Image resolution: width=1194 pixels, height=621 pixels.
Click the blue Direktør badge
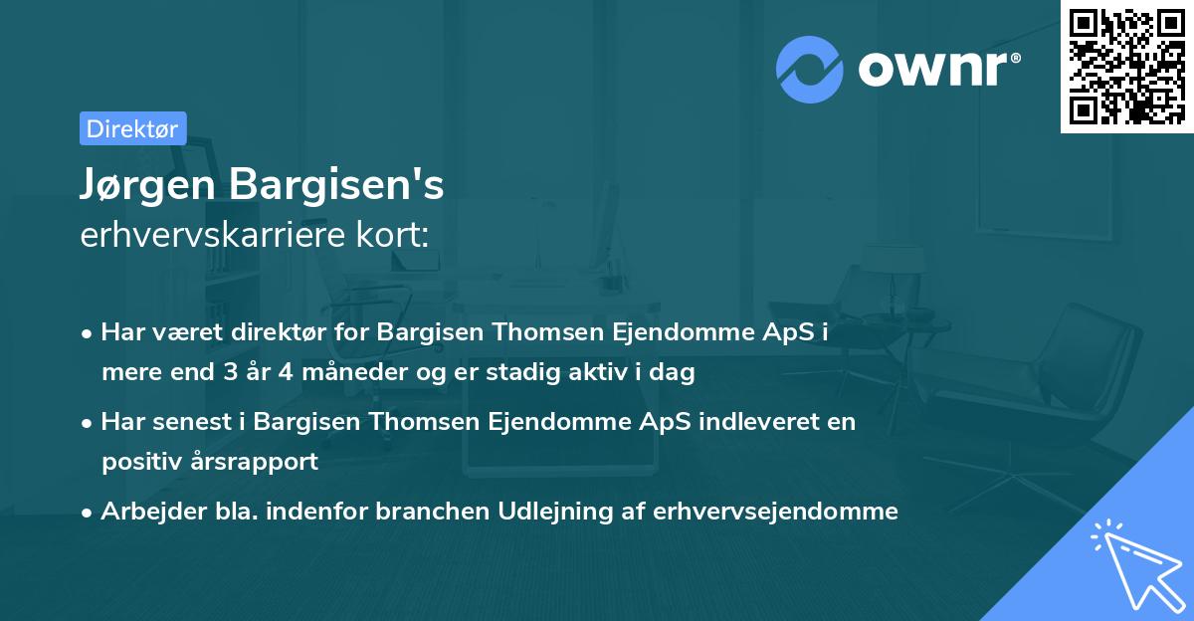coord(132,128)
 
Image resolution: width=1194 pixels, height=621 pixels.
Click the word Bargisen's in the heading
coord(336,185)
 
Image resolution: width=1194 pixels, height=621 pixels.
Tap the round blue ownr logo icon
coord(809,69)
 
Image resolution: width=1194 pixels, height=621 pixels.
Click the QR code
coord(1127,66)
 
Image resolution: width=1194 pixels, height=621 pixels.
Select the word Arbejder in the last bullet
coord(144,512)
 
